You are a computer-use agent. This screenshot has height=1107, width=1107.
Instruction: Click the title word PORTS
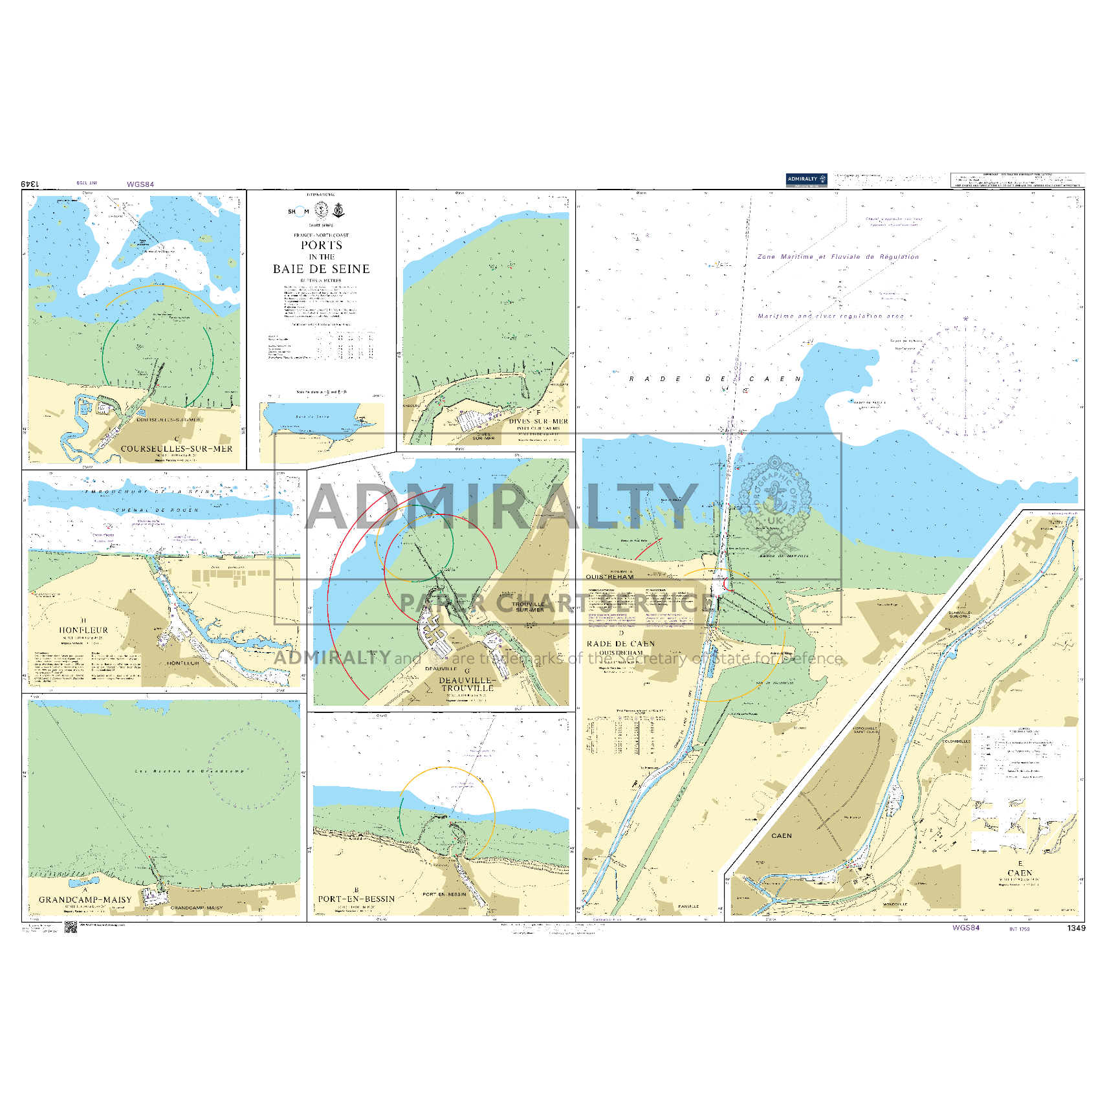click(322, 245)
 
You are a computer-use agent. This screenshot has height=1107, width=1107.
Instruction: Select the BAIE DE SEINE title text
click(322, 269)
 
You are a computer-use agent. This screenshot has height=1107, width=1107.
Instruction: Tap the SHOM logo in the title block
click(298, 212)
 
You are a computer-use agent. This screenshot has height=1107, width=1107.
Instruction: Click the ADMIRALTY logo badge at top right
click(806, 180)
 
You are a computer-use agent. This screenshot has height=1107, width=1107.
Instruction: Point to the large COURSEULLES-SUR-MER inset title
click(177, 448)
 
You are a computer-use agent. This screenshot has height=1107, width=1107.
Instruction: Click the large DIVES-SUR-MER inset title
click(538, 421)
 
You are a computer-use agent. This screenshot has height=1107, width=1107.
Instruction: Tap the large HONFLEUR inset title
click(83, 630)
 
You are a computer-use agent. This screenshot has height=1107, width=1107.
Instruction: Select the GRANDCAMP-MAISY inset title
click(85, 900)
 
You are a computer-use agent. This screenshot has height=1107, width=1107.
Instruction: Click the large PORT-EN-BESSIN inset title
click(356, 899)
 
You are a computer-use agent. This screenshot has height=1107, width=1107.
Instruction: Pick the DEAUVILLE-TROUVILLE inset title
click(467, 685)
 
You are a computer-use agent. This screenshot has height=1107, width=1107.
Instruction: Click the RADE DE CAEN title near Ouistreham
click(620, 644)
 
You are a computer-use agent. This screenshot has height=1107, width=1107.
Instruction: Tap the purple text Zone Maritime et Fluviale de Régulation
click(838, 257)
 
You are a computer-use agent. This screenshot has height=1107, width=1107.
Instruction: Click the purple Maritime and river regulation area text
click(831, 316)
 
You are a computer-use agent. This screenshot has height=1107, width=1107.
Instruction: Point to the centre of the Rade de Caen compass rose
click(965, 378)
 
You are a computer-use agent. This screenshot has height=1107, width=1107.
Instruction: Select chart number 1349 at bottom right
click(1076, 928)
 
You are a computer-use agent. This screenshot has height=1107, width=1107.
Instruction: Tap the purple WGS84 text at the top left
click(140, 184)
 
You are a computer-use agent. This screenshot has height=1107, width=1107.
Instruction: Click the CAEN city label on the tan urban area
click(781, 836)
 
